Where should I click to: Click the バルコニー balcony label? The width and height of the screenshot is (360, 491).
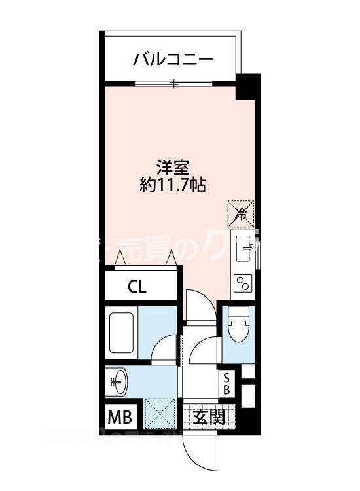[173, 60]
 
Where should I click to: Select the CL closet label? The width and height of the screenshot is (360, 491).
[137, 286]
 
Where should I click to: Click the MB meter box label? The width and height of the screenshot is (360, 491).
[120, 416]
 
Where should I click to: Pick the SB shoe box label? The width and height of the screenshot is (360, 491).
[226, 384]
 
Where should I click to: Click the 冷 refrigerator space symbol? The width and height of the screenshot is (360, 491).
[241, 211]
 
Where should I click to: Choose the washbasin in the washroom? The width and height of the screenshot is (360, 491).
[120, 384]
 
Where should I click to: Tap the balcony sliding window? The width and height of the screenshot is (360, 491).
[173, 83]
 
